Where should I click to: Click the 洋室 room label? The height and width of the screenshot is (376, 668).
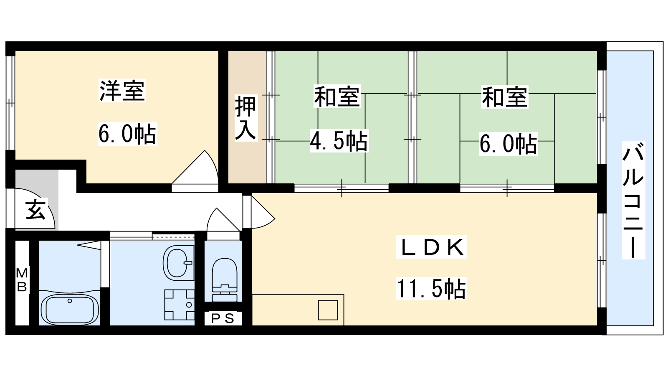click(122, 90)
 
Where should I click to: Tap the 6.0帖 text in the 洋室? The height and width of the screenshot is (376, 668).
click(128, 134)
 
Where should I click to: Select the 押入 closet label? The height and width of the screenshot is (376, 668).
click(246, 118)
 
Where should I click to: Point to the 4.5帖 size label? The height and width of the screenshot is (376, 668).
click(339, 141)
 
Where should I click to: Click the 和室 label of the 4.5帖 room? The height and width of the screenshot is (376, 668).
click(337, 97)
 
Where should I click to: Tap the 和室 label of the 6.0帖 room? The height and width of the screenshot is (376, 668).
click(505, 97)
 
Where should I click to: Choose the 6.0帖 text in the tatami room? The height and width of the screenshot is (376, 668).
click(509, 144)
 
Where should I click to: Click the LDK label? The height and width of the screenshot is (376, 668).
click(432, 247)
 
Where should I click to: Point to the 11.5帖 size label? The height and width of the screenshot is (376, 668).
click(432, 289)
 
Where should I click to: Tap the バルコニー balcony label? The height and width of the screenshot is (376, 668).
click(633, 200)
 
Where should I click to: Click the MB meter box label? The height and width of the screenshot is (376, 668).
click(22, 279)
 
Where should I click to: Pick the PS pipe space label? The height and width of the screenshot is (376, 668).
click(223, 319)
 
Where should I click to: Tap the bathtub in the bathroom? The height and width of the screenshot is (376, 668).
click(69, 310)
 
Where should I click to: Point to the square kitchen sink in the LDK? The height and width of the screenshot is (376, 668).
click(328, 310)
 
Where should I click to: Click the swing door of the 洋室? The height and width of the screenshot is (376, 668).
click(195, 171)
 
